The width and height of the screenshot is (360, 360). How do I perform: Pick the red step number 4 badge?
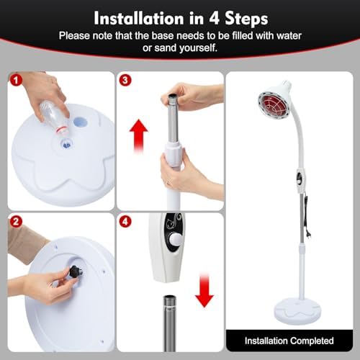pos(126,222)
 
